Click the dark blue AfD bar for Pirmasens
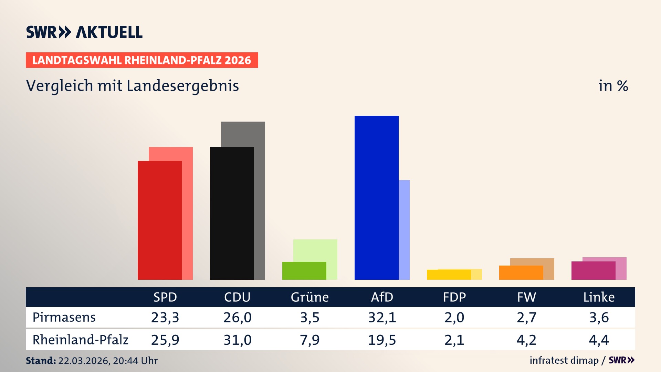pyautogui.click(x=376, y=197)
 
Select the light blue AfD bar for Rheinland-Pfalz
pyautogui.click(x=404, y=229)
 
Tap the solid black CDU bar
pyautogui.click(x=232, y=213)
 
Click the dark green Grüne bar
pyautogui.click(x=304, y=270)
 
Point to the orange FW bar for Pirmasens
pyautogui.click(x=521, y=272)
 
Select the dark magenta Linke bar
pyautogui.click(x=593, y=270)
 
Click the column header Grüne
pyautogui.click(x=309, y=297)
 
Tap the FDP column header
pyautogui.click(x=454, y=297)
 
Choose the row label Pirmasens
pyautogui.click(x=64, y=317)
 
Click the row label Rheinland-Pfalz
pyautogui.click(x=80, y=340)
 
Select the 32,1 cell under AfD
pyautogui.click(x=382, y=317)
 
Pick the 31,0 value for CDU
pyautogui.click(x=237, y=340)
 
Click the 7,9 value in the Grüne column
pyautogui.click(x=309, y=340)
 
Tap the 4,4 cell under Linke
pyautogui.click(x=599, y=340)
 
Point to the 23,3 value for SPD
pyautogui.click(x=165, y=317)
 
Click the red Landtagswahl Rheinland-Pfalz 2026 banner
pyautogui.click(x=142, y=60)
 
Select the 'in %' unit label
pyautogui.click(x=613, y=86)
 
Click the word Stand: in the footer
pyautogui.click(x=41, y=361)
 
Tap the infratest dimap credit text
pyautogui.click(x=564, y=360)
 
